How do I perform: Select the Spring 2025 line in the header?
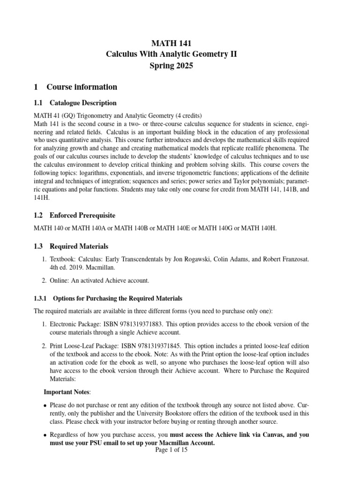(172, 66)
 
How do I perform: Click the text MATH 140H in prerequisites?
(260, 228)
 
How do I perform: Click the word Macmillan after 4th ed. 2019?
(105, 268)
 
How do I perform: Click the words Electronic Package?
(75, 324)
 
